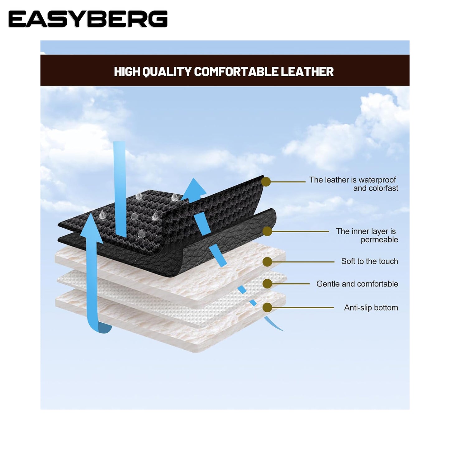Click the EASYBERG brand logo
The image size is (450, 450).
(88, 19)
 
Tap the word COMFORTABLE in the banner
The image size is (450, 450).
(236, 72)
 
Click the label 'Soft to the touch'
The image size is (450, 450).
(369, 261)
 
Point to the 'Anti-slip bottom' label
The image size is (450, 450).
(371, 308)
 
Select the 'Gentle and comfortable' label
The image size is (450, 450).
(357, 284)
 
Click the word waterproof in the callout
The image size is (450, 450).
(377, 180)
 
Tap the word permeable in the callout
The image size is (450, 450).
(379, 240)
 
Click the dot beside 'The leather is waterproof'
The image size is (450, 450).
(266, 182)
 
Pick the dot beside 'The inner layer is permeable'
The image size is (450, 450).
(267, 231)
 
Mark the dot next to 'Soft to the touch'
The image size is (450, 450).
(267, 262)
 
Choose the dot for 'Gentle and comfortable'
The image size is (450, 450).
(267, 284)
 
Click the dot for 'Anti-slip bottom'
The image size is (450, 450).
(267, 308)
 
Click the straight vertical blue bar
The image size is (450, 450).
(119, 187)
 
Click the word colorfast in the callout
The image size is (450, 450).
(376, 188)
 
